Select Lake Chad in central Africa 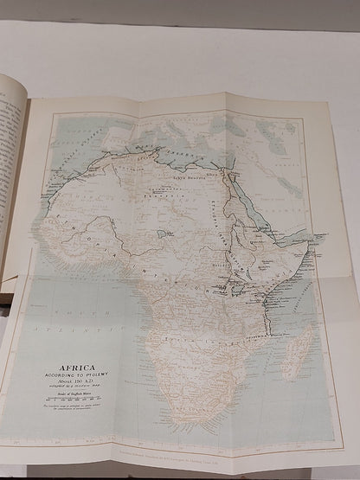pos(163,234)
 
